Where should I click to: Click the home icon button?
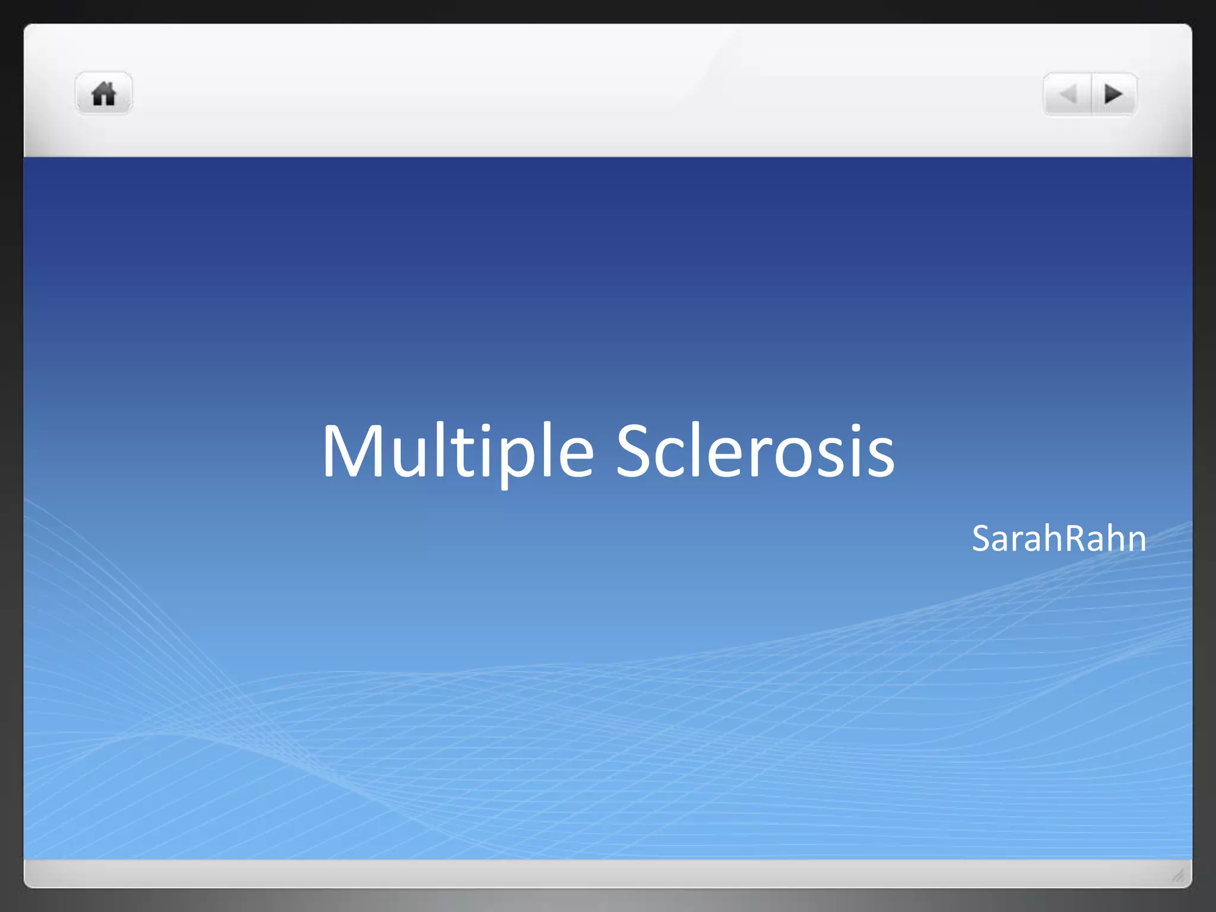pos(104,94)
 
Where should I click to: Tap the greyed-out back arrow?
pos(1068,94)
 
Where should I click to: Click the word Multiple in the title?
pos(457,451)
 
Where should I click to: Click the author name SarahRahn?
pos(1059,539)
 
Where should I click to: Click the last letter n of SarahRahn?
pos(1136,541)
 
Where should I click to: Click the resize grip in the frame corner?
pos(1178,875)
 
